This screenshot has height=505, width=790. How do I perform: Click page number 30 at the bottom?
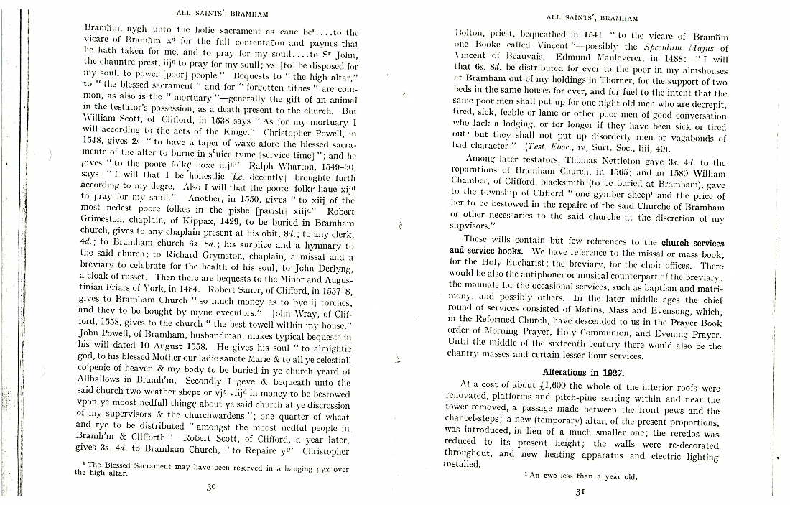[211, 486]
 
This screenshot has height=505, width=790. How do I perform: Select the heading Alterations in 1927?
[582, 372]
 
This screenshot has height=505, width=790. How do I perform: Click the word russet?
[135, 277]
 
